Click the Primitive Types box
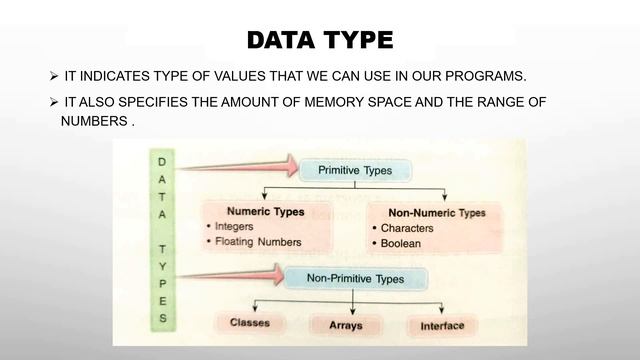354,171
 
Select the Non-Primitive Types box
355,279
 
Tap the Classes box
250,323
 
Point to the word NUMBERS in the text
94,121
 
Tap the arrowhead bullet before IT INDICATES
54,78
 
